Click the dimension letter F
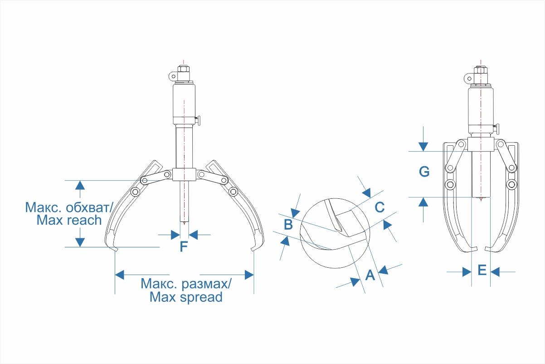(184, 246)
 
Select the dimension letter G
(424, 172)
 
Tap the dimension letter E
(482, 270)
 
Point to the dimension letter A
(370, 275)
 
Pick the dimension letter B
(288, 224)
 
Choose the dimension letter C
(380, 207)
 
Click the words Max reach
(69, 220)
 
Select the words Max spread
(186, 297)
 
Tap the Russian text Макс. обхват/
(69, 207)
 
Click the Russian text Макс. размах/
(186, 284)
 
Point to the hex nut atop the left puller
(184, 69)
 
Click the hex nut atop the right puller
(481, 70)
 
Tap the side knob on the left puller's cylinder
(198, 121)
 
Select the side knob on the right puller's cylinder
(496, 129)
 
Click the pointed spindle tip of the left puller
(184, 223)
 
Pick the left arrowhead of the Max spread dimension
(119, 275)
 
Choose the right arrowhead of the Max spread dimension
(249, 275)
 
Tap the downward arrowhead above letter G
(423, 147)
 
